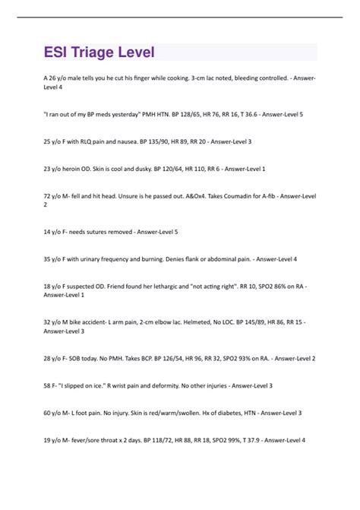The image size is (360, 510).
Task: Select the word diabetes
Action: point(238,412)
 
